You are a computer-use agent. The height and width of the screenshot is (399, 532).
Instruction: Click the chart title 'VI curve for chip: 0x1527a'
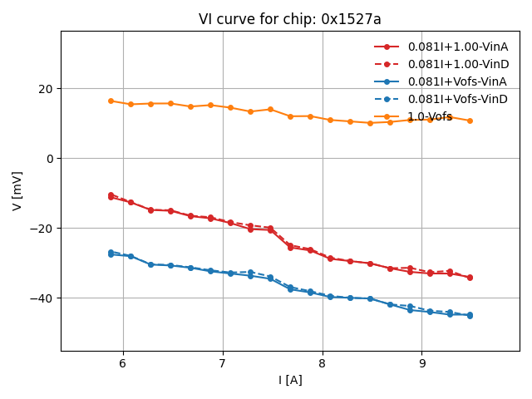(x=289, y=19)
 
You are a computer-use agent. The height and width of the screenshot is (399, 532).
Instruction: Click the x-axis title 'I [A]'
(x=290, y=380)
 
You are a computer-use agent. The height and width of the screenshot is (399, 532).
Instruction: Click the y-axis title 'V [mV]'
(x=17, y=190)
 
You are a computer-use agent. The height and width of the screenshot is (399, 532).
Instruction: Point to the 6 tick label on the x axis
(x=123, y=363)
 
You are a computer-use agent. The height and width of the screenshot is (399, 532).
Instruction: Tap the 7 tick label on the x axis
(x=223, y=363)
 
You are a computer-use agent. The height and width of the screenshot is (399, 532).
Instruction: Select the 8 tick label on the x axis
(x=323, y=363)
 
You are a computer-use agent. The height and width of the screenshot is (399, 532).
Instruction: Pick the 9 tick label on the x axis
(x=421, y=363)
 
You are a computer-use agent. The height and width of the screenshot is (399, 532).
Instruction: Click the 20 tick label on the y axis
(x=44, y=89)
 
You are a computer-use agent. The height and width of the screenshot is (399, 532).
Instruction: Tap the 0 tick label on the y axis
(x=49, y=159)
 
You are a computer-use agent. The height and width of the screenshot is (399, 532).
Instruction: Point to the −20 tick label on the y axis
(x=41, y=229)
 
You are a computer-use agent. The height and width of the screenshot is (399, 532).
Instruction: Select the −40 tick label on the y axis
(x=41, y=298)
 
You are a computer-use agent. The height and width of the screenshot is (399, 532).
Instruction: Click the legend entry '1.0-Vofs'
(x=430, y=116)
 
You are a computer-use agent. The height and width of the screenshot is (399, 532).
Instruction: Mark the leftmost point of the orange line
(x=111, y=101)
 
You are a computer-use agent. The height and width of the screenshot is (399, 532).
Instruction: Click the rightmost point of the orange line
(x=470, y=121)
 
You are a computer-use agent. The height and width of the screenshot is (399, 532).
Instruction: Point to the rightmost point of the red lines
(x=470, y=278)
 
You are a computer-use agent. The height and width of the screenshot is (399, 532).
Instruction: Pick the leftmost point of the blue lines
(x=111, y=253)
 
